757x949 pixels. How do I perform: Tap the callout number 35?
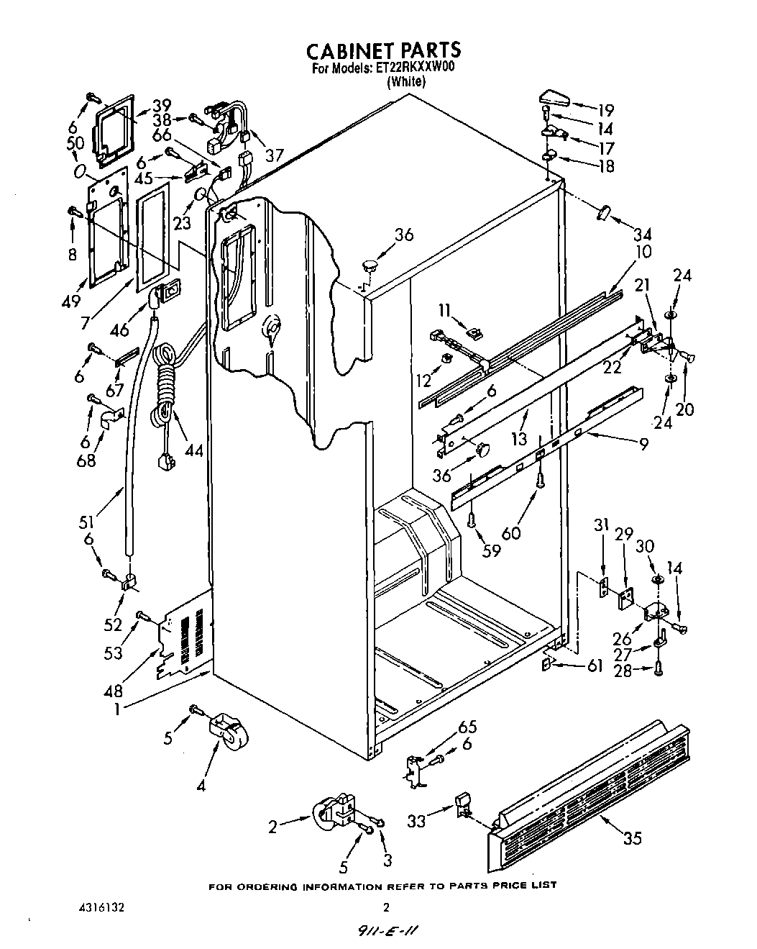click(x=633, y=837)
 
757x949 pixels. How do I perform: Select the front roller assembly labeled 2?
click(x=334, y=814)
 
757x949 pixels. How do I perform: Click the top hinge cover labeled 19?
click(x=554, y=96)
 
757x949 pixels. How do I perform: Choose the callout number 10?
click(x=644, y=252)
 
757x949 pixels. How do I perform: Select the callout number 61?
click(x=595, y=666)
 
